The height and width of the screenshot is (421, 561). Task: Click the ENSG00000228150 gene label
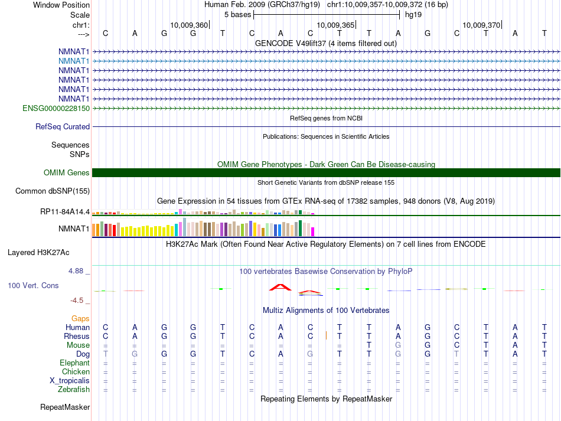(56, 108)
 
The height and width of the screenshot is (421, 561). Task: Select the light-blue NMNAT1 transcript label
(74, 61)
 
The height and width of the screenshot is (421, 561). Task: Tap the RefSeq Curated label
(63, 126)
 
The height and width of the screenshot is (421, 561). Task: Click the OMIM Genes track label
(67, 172)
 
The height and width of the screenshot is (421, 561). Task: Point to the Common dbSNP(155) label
(53, 191)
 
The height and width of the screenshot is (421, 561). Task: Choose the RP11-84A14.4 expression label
(65, 211)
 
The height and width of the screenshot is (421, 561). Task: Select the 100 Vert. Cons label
(33, 285)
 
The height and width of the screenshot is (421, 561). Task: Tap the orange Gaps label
(80, 318)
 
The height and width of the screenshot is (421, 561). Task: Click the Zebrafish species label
(74, 389)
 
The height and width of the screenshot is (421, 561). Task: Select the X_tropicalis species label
(70, 380)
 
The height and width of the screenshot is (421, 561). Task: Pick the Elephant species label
(74, 363)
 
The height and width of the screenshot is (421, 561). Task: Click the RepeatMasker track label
(65, 407)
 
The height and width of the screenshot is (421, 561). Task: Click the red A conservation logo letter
(281, 288)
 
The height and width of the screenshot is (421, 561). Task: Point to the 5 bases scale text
(237, 14)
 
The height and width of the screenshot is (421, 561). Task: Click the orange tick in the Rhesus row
(326, 336)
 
